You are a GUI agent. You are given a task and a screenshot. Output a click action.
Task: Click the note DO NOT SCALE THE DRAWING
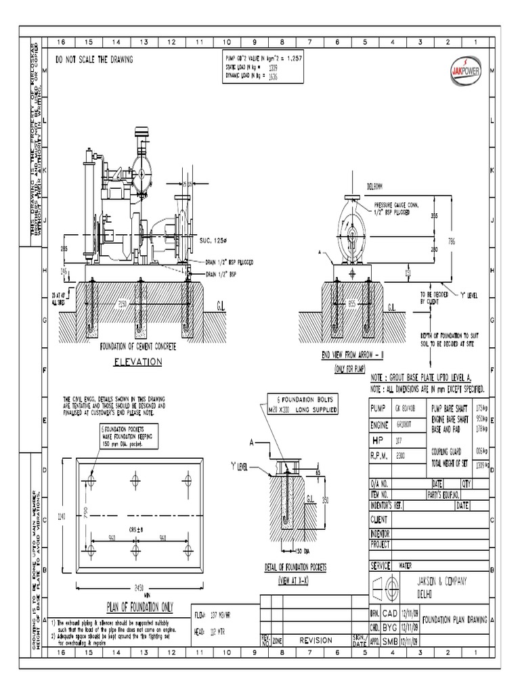tap(94, 60)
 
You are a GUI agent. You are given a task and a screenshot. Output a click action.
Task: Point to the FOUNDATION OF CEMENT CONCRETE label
tap(137, 346)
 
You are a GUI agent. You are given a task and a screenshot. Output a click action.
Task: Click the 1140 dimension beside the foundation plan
tap(62, 516)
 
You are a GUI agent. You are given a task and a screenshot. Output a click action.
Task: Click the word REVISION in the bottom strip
tap(316, 640)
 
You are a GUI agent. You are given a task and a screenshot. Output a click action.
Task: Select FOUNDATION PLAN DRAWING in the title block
tap(454, 619)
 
